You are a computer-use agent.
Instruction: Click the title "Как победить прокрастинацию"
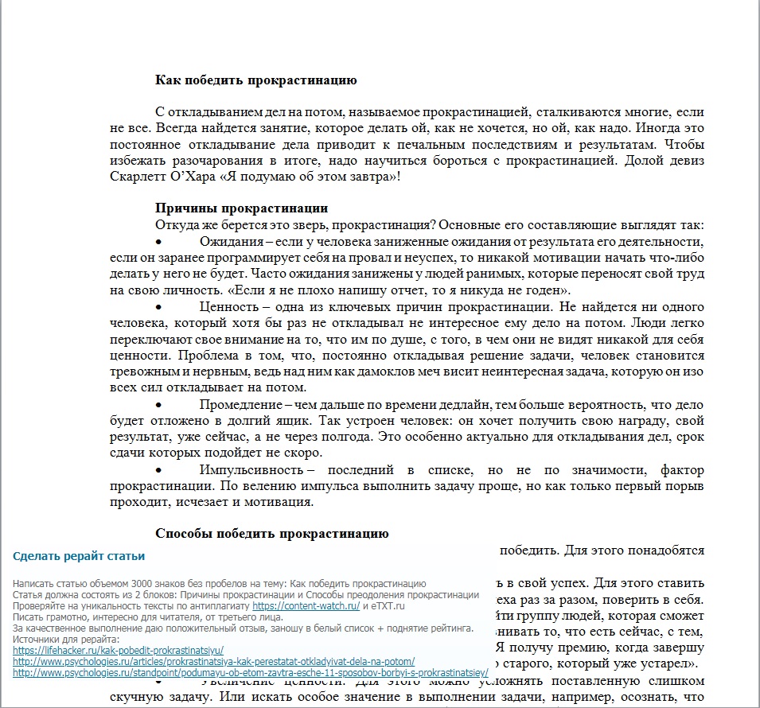click(255, 80)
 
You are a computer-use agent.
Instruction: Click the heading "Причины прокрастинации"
click(241, 209)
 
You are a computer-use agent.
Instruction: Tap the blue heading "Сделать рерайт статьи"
click(79, 556)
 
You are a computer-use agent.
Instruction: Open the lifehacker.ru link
click(119, 650)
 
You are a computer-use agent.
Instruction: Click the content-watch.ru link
click(306, 605)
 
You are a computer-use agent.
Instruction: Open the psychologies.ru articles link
click(214, 661)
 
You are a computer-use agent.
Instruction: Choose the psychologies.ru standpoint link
click(251, 673)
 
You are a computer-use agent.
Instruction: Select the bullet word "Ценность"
click(229, 307)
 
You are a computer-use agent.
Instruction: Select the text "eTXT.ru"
click(390, 606)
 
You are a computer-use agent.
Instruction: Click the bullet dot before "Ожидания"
click(159, 242)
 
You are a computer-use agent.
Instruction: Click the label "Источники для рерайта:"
click(66, 640)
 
